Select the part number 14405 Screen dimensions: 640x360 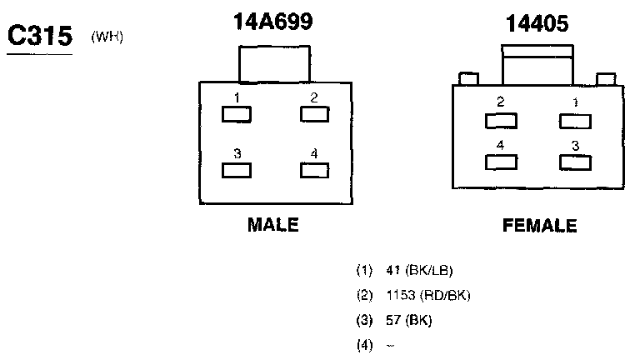pyautogui.click(x=537, y=24)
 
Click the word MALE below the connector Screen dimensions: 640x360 pyautogui.click(x=272, y=225)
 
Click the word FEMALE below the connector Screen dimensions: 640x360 pyautogui.click(x=539, y=226)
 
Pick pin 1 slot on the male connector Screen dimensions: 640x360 pyautogui.click(x=236, y=115)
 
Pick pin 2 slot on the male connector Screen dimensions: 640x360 pyautogui.click(x=313, y=115)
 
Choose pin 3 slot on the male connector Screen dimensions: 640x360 pyautogui.click(x=236, y=170)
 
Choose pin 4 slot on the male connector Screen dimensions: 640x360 pyautogui.click(x=313, y=170)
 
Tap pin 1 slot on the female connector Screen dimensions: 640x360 pyautogui.click(x=575, y=121)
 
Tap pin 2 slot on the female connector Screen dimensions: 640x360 pyautogui.click(x=500, y=121)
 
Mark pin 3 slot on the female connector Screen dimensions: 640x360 pyautogui.click(x=575, y=162)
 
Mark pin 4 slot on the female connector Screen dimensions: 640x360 pyautogui.click(x=500, y=162)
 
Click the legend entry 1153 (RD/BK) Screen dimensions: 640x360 pyautogui.click(x=428, y=295)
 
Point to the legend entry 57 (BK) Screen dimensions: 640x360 pyautogui.click(x=409, y=320)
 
